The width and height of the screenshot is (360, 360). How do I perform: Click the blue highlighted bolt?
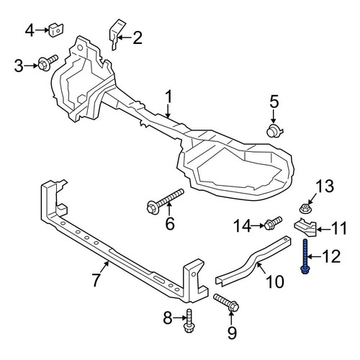click(x=305, y=256)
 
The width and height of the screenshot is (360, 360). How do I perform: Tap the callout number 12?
click(x=331, y=256)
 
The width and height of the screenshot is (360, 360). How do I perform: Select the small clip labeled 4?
click(x=56, y=30)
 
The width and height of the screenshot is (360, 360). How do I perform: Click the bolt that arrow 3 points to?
click(x=48, y=62)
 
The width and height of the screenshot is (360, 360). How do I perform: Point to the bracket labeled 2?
click(x=117, y=35)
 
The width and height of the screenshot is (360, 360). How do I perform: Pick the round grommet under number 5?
click(x=274, y=131)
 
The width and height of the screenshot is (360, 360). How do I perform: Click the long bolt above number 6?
click(x=165, y=201)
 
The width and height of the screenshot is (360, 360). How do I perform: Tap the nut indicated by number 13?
click(x=306, y=208)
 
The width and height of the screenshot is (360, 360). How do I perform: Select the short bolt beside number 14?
click(x=273, y=222)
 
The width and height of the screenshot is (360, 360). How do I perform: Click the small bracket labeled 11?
click(x=305, y=228)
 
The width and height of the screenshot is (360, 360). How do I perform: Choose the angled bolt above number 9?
click(x=226, y=303)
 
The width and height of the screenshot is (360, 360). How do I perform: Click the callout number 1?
click(x=168, y=97)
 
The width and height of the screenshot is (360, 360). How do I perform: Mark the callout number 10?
click(x=275, y=282)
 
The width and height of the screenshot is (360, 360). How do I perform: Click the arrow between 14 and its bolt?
click(x=258, y=225)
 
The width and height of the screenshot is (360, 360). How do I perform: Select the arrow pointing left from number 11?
click(x=324, y=230)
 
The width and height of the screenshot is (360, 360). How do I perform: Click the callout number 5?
click(x=274, y=101)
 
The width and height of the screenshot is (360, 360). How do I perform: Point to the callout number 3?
click(x=19, y=66)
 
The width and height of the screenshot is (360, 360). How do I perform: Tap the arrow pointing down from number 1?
click(x=168, y=112)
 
